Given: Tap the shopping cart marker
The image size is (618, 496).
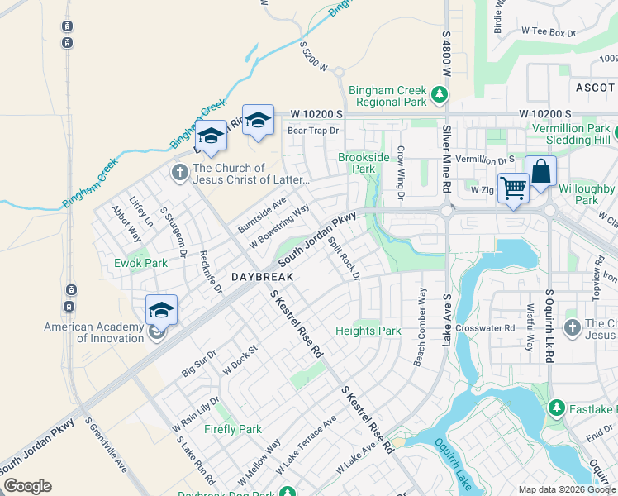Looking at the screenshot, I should click(x=513, y=189).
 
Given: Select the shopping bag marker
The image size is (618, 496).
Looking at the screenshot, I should click(x=540, y=173).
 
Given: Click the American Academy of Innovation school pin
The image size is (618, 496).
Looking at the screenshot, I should click(x=161, y=311).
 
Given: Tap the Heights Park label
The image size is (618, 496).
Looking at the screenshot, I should click(x=368, y=331).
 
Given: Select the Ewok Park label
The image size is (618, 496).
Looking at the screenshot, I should click(x=140, y=263).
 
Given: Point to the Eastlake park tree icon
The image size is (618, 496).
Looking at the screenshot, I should click(x=557, y=408).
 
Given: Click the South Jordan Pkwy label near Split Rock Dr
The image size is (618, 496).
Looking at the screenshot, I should click(x=317, y=240).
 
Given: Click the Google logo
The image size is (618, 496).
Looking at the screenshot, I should click(x=27, y=486).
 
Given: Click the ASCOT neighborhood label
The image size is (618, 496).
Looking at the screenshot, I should click(x=595, y=87).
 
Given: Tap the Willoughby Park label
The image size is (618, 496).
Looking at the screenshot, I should click(x=586, y=193).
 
